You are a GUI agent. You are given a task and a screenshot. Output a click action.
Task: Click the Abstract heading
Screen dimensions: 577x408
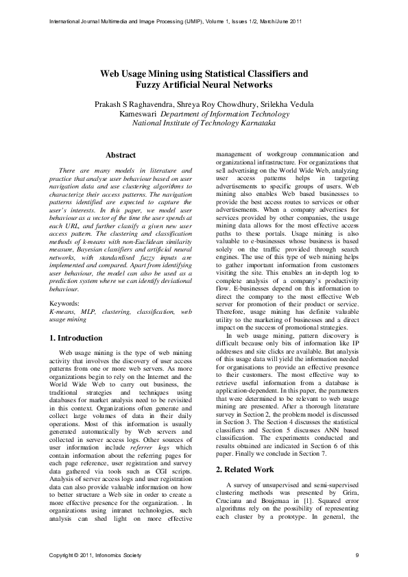click(121, 156)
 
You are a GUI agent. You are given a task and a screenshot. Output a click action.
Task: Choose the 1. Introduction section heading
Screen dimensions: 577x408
click(78, 338)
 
